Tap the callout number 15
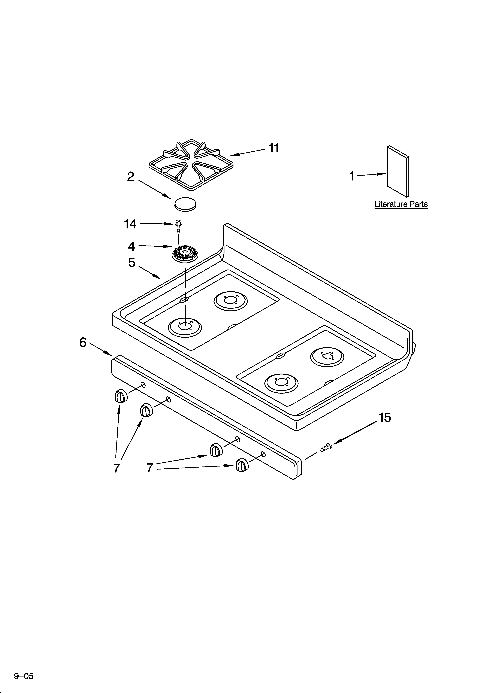click(x=385, y=418)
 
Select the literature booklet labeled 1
click(x=398, y=171)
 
